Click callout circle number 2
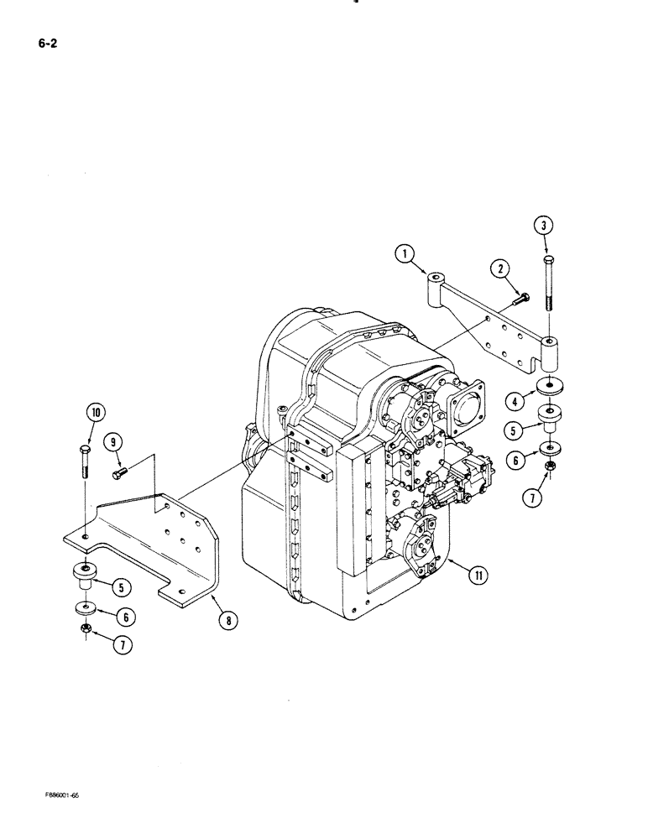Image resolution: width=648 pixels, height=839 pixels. [x=502, y=268]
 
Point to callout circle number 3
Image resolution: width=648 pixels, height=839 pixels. [x=546, y=225]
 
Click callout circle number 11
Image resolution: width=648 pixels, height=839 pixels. [x=477, y=575]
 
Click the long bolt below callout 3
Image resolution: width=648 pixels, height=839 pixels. [x=547, y=285]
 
